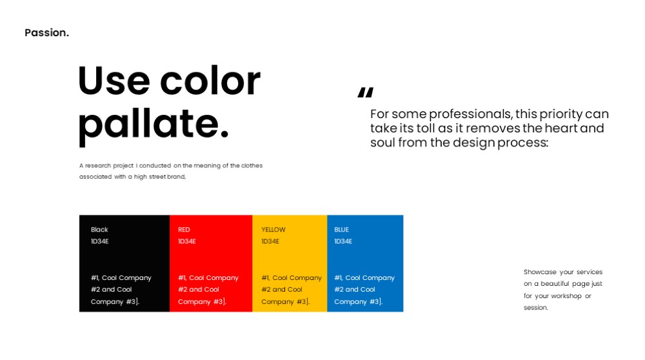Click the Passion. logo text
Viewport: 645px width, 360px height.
pyautogui.click(x=47, y=32)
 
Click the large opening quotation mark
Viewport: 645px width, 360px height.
pyautogui.click(x=366, y=92)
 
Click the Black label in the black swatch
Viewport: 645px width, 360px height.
pyautogui.click(x=99, y=230)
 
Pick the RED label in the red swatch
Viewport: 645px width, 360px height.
pyautogui.click(x=184, y=230)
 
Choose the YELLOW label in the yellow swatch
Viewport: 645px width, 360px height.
pyautogui.click(x=273, y=230)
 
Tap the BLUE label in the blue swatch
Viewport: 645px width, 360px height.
pyautogui.click(x=341, y=230)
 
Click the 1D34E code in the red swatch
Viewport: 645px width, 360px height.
pyautogui.click(x=187, y=241)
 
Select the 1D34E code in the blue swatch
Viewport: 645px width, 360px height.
pyautogui.click(x=343, y=241)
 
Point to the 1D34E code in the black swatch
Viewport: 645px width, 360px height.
pyautogui.click(x=99, y=241)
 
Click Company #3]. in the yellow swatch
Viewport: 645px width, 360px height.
pyautogui.click(x=286, y=301)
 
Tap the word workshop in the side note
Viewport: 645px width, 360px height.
pyautogui.click(x=566, y=296)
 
